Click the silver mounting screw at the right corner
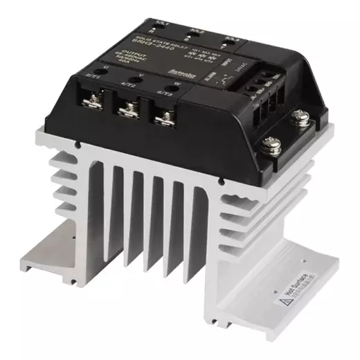click(269, 148)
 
